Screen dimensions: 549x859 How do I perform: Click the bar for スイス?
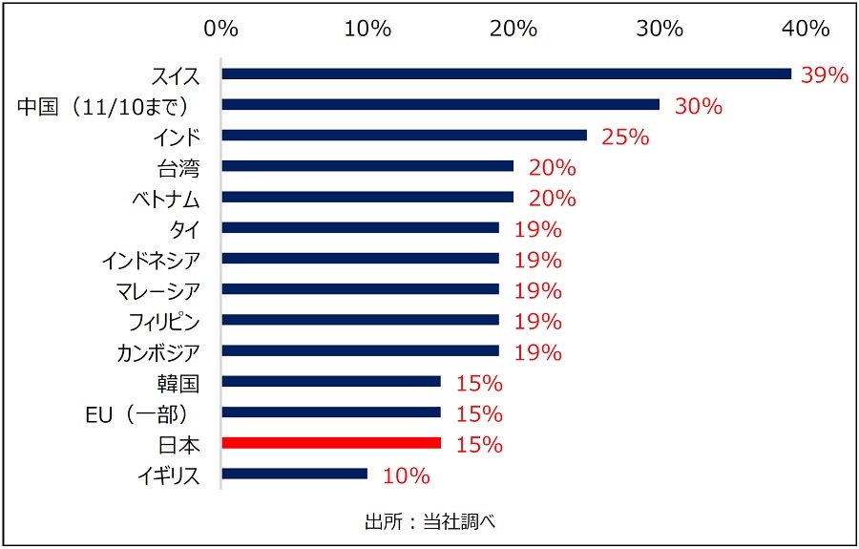pyautogui.click(x=506, y=74)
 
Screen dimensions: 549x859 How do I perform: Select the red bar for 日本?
pyautogui.click(x=330, y=443)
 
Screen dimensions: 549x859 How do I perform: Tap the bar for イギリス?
pyautogui.click(x=294, y=474)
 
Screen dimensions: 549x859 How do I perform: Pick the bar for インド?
pyautogui.click(x=404, y=135)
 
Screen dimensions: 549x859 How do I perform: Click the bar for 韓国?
pyautogui.click(x=330, y=382)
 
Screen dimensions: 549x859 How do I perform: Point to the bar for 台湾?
pyautogui.click(x=367, y=166)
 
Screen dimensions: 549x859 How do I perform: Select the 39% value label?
pyautogui.click(x=825, y=75)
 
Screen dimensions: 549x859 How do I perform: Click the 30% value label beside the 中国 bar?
pyautogui.click(x=698, y=106)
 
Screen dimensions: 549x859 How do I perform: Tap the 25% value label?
pyautogui.click(x=625, y=137)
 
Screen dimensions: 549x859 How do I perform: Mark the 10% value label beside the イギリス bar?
pyautogui.click(x=407, y=475)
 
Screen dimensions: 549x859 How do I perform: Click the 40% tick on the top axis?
pyautogui.click(x=806, y=29)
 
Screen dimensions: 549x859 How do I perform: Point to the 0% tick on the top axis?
pyautogui.click(x=220, y=29)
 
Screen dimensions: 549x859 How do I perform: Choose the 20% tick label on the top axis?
pyautogui.click(x=513, y=29)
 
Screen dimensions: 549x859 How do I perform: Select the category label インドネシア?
pyautogui.click(x=150, y=260)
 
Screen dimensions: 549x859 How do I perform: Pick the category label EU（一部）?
pyautogui.click(x=142, y=413)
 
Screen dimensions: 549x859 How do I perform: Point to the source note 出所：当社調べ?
pyautogui.click(x=430, y=521)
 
